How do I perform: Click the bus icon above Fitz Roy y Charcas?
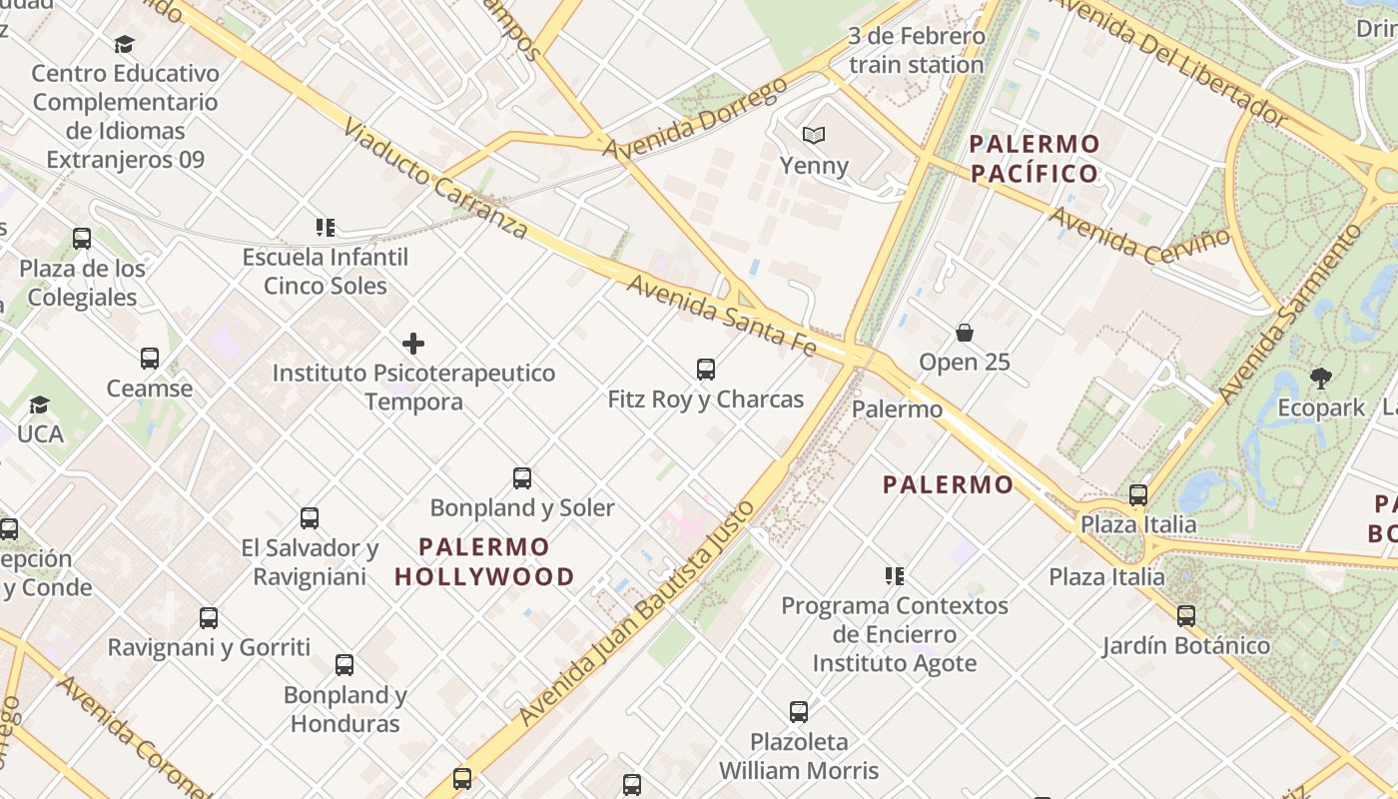(706, 370)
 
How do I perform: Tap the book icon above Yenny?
(815, 135)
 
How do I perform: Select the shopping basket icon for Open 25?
(965, 333)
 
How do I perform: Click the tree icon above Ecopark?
(1321, 379)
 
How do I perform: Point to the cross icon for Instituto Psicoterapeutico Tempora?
(413, 345)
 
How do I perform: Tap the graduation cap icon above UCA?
(40, 404)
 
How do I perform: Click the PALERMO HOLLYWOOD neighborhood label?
(484, 561)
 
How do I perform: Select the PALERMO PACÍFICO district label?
(1035, 159)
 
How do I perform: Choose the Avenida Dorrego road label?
(695, 118)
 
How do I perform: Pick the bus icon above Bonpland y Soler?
(522, 478)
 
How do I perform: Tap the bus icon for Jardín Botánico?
(1186, 616)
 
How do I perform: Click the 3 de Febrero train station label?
(916, 51)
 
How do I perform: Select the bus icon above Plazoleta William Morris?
(799, 712)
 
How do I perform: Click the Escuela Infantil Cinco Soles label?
(326, 272)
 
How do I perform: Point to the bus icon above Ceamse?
(150, 359)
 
